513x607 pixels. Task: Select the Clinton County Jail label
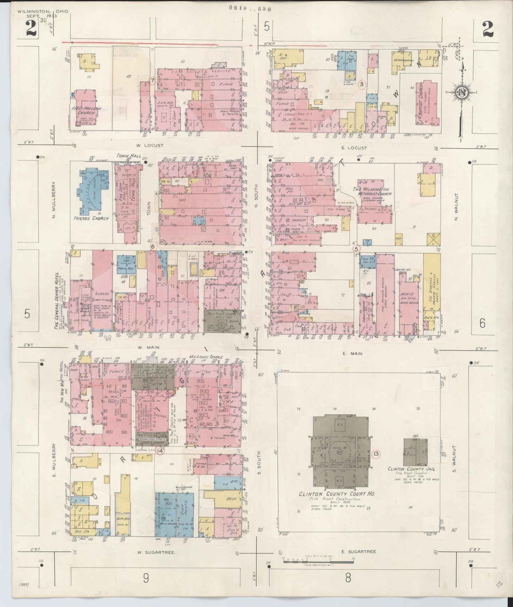point(411,469)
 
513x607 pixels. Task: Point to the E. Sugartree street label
point(358,551)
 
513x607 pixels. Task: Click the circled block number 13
point(376,454)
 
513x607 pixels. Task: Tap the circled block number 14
point(160,451)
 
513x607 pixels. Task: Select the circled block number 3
point(361,84)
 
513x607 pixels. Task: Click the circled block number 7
point(152,81)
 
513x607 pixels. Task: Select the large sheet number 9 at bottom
point(146,578)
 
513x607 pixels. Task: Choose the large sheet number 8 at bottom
point(348,578)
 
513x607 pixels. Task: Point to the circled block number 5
point(356,249)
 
